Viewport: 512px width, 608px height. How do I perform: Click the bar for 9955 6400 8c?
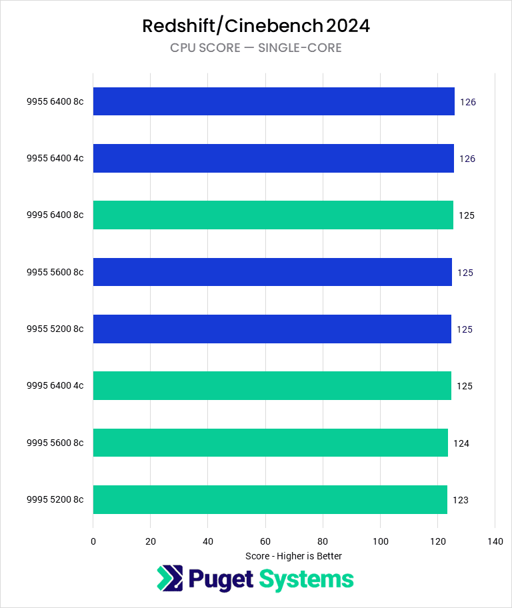273,101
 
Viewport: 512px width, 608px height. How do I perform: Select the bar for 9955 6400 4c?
273,159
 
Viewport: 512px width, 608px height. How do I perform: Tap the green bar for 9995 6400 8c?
273,215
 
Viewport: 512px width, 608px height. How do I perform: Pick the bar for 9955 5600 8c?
272,272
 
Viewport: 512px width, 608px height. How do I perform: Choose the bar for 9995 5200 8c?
270,499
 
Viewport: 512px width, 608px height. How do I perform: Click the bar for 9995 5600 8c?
270,443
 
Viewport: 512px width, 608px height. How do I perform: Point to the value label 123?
460,500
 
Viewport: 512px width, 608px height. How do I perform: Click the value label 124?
461,443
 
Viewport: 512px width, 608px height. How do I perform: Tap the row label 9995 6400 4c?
55,386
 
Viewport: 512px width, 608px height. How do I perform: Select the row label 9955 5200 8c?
55,329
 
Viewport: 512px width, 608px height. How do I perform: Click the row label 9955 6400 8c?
55,102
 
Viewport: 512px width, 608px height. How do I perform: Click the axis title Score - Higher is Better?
293,556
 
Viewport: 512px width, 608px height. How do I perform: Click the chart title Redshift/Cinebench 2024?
256,26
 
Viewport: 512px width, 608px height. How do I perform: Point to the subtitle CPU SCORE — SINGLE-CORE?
256,48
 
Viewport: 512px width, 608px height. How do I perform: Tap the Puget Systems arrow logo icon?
170,579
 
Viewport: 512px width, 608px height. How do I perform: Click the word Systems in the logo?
306,579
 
